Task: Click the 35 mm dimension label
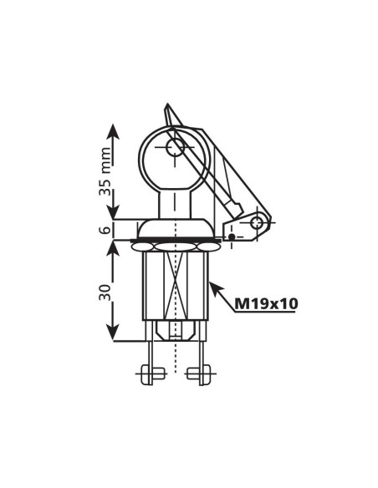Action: [x=105, y=171]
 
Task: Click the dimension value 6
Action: [x=106, y=231]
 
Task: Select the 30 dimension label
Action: [x=105, y=292]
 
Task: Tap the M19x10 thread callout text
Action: [x=266, y=304]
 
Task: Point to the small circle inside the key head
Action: [x=176, y=148]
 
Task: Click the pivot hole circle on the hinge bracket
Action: [x=257, y=222]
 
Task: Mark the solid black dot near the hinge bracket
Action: [x=232, y=237]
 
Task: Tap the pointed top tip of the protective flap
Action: [x=167, y=104]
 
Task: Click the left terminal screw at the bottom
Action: [x=151, y=374]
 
